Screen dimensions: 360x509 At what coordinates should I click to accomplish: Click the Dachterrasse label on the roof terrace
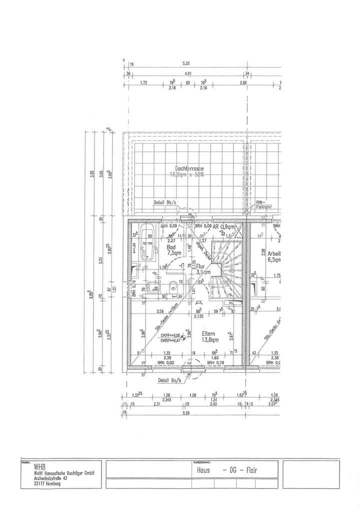coord(189,168)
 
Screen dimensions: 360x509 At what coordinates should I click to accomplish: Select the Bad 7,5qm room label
coord(171,249)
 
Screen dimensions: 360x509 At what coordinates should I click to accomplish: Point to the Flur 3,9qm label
coord(202,269)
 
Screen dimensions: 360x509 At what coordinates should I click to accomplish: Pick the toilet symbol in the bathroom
coord(172,286)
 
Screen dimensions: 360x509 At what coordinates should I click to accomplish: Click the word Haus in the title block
coord(203,470)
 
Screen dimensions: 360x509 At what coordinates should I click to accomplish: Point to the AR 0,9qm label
coord(224,226)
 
